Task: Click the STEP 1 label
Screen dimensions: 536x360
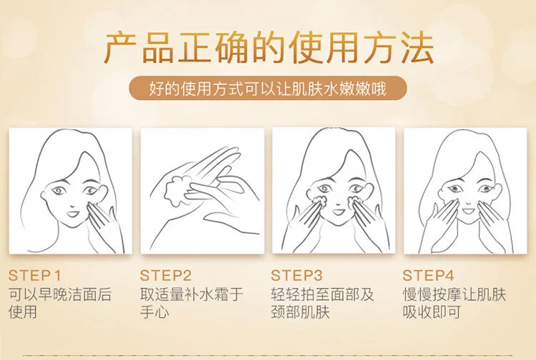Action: coord(34,275)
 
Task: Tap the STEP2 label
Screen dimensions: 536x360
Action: coord(166,275)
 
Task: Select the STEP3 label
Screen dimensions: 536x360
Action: coord(297,275)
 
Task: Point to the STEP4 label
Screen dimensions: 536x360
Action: coord(428,275)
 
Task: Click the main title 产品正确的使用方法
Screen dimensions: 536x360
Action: coord(269,48)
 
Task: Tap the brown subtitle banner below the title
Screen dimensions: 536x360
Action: coord(268,88)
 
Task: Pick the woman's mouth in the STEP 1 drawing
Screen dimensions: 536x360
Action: coord(72,214)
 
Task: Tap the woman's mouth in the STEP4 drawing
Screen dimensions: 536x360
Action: coord(469,211)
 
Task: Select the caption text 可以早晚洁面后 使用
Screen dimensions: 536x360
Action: coord(60,303)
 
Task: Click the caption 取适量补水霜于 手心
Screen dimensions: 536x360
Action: coord(192,303)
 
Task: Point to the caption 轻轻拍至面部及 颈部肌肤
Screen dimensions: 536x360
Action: coord(322,303)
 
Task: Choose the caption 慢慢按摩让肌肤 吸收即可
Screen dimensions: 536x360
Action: coord(454,303)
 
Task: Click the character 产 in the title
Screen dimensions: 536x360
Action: coord(119,48)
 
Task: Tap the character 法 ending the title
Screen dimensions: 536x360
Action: coord(417,48)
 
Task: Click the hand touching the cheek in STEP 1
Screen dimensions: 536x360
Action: coord(102,226)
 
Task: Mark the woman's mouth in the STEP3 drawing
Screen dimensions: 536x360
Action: coord(339,211)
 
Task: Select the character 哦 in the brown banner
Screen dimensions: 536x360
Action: coord(378,89)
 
